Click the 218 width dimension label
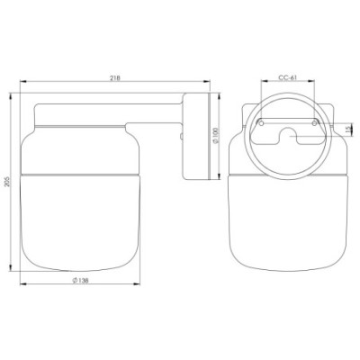115,78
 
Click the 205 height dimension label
8,181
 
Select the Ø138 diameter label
80,281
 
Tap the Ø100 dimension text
216,135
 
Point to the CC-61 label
287,77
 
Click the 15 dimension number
348,130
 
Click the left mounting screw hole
261,123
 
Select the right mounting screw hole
314,123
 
